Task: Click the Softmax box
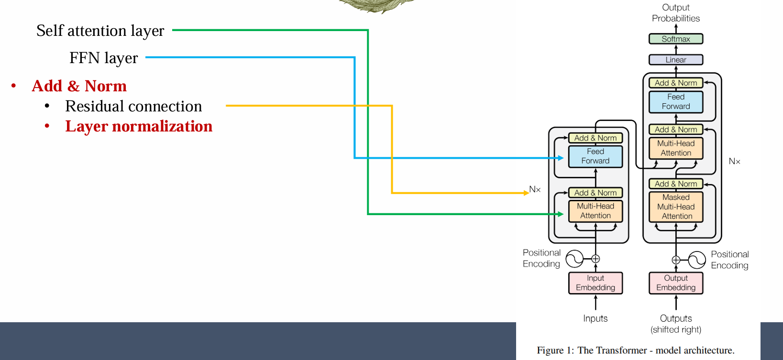point(676,39)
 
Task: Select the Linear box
point(676,60)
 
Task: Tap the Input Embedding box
point(596,283)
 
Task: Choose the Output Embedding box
point(676,283)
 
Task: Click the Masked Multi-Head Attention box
point(676,207)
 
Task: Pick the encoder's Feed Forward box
point(596,156)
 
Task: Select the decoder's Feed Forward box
point(676,102)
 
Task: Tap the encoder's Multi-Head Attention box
point(596,211)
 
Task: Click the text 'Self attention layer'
point(100,31)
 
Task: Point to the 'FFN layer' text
point(103,58)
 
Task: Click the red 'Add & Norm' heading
point(79,86)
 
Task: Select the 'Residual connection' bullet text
point(133,106)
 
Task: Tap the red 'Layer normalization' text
point(139,127)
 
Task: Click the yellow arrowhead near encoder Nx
point(527,193)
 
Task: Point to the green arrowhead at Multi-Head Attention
point(560,214)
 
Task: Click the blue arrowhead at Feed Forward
point(561,158)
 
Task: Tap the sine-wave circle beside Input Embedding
point(574,259)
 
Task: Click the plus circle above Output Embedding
point(676,260)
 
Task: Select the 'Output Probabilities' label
point(676,13)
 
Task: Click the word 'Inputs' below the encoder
point(596,318)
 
